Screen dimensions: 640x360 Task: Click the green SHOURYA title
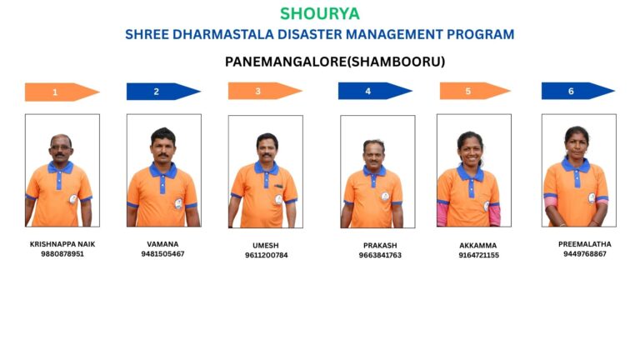tap(320, 14)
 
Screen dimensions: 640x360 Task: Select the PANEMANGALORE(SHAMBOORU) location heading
tap(335, 62)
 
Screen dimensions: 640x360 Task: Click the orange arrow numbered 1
tap(62, 92)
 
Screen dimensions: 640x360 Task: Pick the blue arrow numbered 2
tap(163, 92)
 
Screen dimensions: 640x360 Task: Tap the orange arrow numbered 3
tap(265, 91)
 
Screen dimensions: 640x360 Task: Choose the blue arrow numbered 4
tap(375, 91)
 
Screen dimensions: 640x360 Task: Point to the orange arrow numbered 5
tap(475, 91)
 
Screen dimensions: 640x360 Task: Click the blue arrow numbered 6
tap(578, 91)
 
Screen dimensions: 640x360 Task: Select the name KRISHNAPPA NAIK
tap(62, 244)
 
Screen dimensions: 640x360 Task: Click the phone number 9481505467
tap(162, 254)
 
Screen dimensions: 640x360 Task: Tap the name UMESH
tap(266, 245)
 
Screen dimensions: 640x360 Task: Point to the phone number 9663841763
tap(380, 255)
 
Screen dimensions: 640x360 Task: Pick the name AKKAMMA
tap(478, 245)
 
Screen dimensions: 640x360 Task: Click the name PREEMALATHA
tap(585, 244)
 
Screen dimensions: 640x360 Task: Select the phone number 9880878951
tap(62, 254)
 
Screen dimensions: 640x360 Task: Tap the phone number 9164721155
tap(479, 255)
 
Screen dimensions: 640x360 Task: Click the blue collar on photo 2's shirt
tap(162, 171)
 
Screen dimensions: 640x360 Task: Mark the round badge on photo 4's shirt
tap(385, 197)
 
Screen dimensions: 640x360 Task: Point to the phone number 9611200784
tap(266, 255)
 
